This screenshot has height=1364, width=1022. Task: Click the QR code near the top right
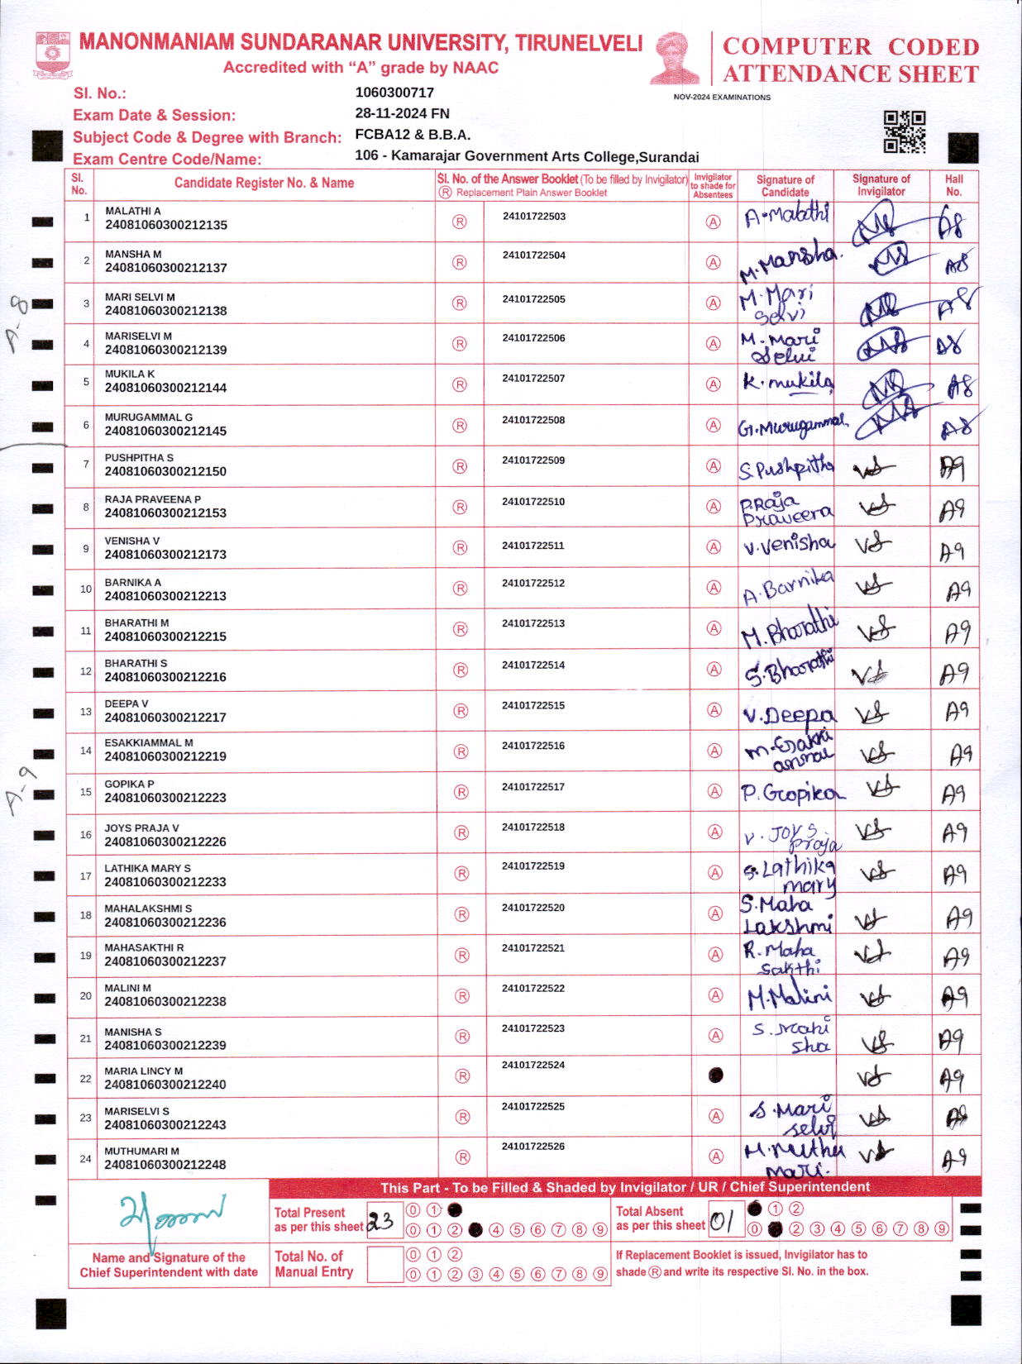pos(905,132)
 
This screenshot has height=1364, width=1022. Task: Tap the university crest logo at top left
pos(52,55)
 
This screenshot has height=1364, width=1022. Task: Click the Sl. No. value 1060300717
pos(394,93)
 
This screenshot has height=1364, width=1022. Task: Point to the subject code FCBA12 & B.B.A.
pos(412,135)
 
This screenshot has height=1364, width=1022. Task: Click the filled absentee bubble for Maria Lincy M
pos(716,1075)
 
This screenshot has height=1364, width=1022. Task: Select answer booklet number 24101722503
pos(533,217)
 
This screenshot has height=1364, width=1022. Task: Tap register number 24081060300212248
pos(165,1165)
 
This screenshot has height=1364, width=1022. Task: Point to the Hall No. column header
pos(954,185)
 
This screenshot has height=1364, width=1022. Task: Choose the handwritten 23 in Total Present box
pos(381,1221)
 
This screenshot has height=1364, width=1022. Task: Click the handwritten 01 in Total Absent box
pos(721,1221)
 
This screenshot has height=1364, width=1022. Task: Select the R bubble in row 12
pos(461,670)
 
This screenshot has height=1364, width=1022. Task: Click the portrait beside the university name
pos(676,58)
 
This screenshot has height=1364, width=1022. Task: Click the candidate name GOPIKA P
pos(129,785)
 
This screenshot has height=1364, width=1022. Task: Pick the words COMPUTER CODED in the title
pos(850,47)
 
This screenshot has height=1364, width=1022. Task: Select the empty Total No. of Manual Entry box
pos(384,1265)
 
